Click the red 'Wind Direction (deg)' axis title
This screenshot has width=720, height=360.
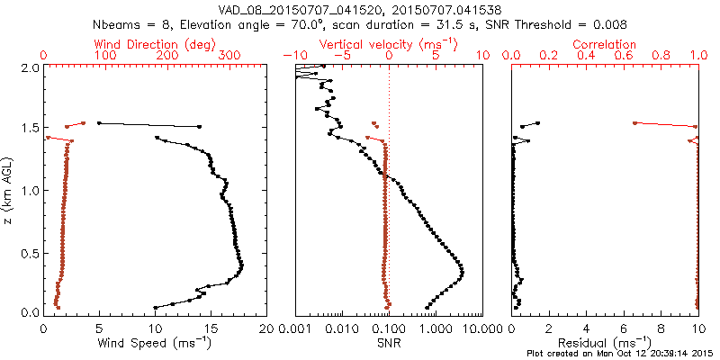[155, 44]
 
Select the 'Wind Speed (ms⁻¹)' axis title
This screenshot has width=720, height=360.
[155, 343]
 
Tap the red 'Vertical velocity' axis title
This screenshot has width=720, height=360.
[388, 44]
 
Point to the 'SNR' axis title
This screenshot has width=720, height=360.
[388, 343]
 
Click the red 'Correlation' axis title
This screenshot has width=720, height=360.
[606, 44]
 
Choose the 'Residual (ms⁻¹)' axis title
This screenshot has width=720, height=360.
[606, 343]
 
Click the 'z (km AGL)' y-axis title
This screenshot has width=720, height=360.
[8, 190]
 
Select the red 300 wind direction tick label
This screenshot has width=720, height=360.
[229, 56]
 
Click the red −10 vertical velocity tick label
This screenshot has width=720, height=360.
[293, 56]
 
